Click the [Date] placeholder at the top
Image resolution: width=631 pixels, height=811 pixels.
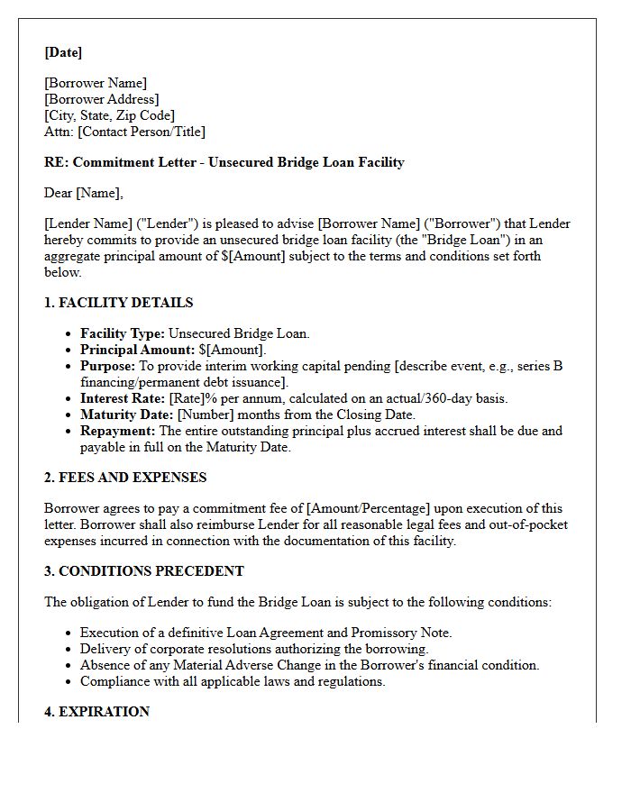click(x=63, y=52)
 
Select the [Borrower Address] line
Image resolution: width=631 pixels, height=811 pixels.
click(x=101, y=99)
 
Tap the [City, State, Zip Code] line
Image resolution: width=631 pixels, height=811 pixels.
click(x=109, y=115)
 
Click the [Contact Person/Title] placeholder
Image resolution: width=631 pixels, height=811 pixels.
click(x=142, y=132)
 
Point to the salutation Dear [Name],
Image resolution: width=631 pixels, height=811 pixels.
click(x=84, y=193)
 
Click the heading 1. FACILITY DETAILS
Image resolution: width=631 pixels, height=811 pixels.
click(x=118, y=303)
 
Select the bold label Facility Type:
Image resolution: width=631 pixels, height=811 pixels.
click(x=123, y=333)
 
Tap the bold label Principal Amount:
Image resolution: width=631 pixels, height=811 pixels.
click(x=137, y=350)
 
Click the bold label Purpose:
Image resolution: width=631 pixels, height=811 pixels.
click(x=107, y=366)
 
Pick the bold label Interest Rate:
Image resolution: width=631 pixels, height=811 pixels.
click(x=123, y=398)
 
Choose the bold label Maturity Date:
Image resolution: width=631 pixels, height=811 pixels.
click(x=126, y=415)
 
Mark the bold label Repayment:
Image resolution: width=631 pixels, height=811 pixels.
click(x=118, y=431)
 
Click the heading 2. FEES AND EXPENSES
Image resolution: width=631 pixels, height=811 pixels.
click(x=125, y=478)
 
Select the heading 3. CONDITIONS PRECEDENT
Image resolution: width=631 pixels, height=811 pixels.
click(x=144, y=571)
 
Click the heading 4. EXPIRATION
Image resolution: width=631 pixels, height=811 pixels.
click(x=96, y=712)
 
